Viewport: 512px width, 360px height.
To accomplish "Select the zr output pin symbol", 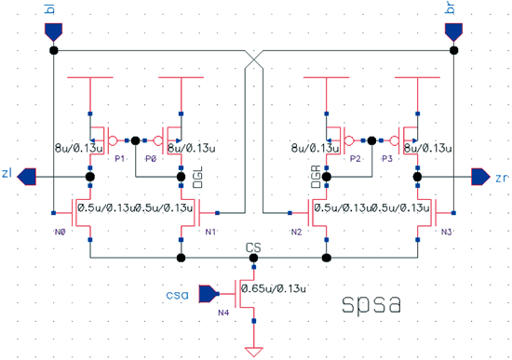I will click(479, 175).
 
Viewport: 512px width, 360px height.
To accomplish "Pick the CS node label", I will click(251, 247).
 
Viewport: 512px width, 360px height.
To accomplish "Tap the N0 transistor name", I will click(60, 230).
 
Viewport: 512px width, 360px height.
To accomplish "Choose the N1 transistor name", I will click(210, 230).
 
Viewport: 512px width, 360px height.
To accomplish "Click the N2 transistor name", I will click(296, 230).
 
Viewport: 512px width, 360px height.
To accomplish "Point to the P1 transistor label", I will click(119, 158).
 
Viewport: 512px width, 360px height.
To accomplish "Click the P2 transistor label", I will click(355, 158).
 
